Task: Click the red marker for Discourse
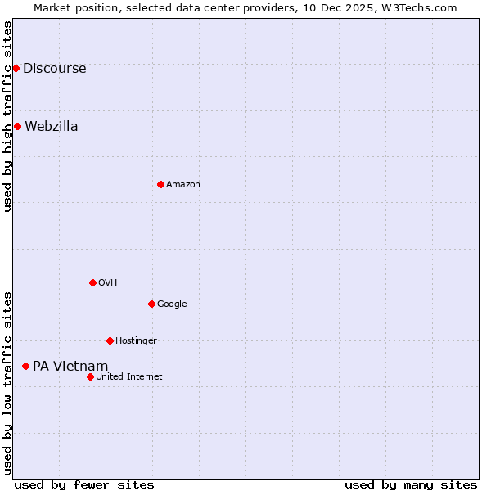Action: (16, 68)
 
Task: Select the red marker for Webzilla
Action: (17, 126)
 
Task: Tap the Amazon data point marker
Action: (160, 184)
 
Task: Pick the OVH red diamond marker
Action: (92, 282)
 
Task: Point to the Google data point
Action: (151, 304)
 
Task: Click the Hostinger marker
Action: (110, 340)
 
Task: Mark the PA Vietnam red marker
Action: (25, 366)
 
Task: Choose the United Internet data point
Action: (90, 376)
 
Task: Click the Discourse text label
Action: (54, 69)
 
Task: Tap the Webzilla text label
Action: (51, 127)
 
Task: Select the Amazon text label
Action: (182, 185)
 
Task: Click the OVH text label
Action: (107, 283)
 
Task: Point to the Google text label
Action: (172, 304)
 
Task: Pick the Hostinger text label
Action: (136, 341)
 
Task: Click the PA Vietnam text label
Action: (70, 367)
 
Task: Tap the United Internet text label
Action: (128, 377)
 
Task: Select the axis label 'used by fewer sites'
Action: (84, 484)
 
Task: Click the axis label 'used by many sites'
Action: (411, 484)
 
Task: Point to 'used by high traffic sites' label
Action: (7, 116)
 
